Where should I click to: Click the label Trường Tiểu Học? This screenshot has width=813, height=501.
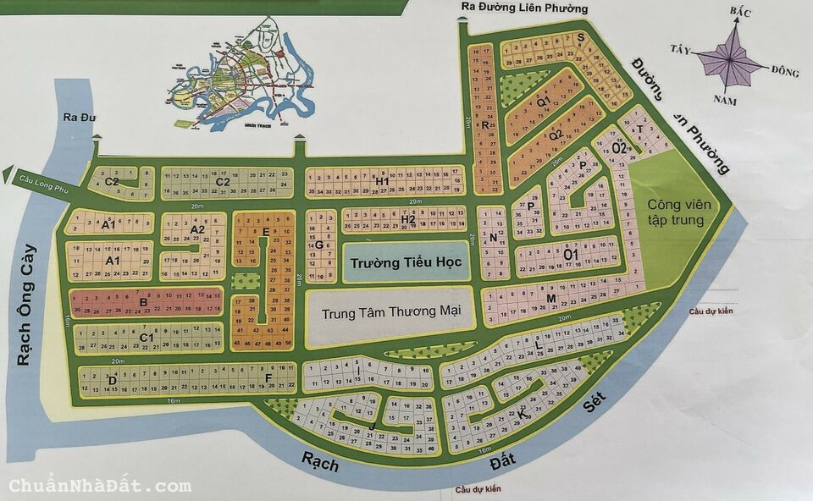tap(403, 263)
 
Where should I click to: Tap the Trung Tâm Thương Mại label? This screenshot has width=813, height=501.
tap(391, 311)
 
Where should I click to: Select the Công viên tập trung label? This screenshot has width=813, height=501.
tap(676, 212)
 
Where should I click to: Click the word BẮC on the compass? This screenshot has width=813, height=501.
tap(741, 11)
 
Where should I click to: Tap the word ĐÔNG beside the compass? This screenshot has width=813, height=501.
tap(785, 72)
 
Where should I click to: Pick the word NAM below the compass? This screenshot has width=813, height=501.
tap(725, 101)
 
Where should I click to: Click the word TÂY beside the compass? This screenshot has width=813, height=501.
tap(680, 48)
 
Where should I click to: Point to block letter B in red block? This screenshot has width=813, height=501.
tap(144, 301)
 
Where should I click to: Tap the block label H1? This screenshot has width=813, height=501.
tap(382, 182)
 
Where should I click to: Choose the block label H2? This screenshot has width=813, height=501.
tap(408, 220)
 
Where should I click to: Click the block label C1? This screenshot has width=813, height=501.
tap(146, 339)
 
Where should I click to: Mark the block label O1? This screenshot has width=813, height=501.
tap(570, 253)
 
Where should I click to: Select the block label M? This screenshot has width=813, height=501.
tap(550, 299)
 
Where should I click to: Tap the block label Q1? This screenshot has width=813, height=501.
tap(544, 102)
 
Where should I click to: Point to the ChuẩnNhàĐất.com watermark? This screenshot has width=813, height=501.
tap(100, 486)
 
